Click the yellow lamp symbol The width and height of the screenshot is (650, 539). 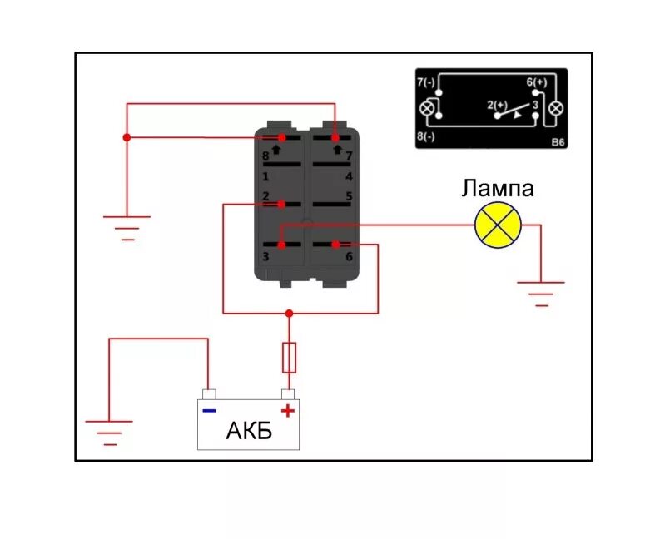pyautogui.click(x=498, y=225)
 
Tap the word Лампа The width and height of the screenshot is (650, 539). pyautogui.click(x=498, y=189)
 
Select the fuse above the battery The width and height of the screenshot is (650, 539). pyautogui.click(x=289, y=357)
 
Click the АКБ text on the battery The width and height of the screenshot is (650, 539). pyautogui.click(x=248, y=432)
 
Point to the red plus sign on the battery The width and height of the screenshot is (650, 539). pyautogui.click(x=288, y=410)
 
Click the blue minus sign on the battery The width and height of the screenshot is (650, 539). pyautogui.click(x=209, y=410)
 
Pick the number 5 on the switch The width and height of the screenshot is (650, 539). pyautogui.click(x=349, y=197)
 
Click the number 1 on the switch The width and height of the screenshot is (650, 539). pyautogui.click(x=265, y=177)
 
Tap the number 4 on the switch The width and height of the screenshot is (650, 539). pyautogui.click(x=349, y=177)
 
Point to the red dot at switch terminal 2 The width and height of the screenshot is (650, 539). pyautogui.click(x=282, y=204)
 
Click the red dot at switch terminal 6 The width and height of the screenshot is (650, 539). pyautogui.click(x=335, y=244)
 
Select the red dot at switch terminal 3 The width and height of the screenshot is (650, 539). pyautogui.click(x=281, y=245)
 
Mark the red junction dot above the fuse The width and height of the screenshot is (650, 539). pyautogui.click(x=289, y=314)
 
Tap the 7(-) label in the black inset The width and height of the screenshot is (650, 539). pyautogui.click(x=425, y=82)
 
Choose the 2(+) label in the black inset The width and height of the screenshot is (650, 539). pyautogui.click(x=497, y=105)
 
